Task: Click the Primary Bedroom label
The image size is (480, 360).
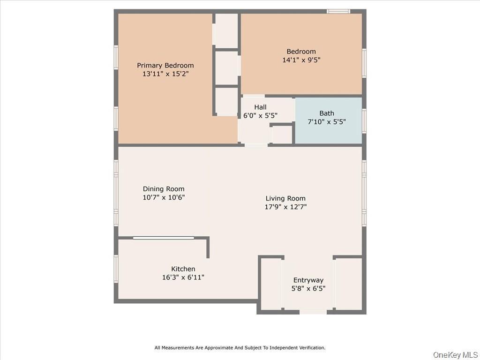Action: click(x=165, y=66)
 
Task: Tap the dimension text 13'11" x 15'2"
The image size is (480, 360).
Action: click(x=165, y=74)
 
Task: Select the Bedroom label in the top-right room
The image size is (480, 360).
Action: click(x=301, y=52)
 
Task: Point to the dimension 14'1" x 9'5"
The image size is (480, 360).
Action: click(x=301, y=60)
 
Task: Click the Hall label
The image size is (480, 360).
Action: click(x=260, y=107)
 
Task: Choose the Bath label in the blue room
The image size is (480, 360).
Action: click(x=327, y=113)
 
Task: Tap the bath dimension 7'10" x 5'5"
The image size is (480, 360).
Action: click(x=327, y=121)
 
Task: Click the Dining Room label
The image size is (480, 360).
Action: click(x=164, y=189)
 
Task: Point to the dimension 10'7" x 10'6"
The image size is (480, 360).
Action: click(x=164, y=197)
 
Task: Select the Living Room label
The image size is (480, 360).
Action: click(x=285, y=198)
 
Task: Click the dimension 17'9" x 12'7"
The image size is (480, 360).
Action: click(x=285, y=207)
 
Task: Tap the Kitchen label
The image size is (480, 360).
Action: click(x=183, y=269)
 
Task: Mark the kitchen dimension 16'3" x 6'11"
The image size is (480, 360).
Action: click(x=183, y=277)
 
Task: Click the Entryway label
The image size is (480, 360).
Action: click(x=308, y=280)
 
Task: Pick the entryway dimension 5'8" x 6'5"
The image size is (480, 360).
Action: click(x=308, y=289)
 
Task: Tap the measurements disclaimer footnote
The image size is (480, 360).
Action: click(x=240, y=348)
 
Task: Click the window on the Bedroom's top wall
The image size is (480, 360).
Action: click(x=338, y=11)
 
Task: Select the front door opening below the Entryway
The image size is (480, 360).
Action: click(x=313, y=312)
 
